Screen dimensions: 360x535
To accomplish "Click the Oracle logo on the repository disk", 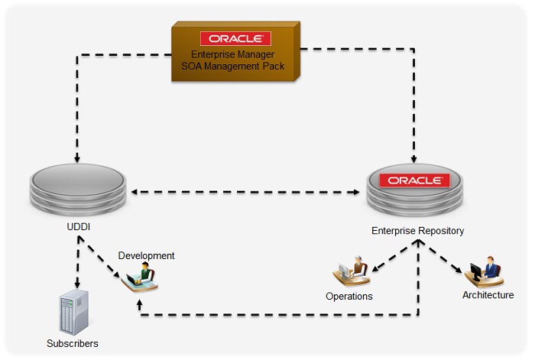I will tap(415, 181).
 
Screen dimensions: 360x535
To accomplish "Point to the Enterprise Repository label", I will tap(417, 230).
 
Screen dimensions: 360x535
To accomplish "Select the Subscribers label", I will tap(73, 344).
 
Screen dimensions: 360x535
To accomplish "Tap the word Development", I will tap(146, 255).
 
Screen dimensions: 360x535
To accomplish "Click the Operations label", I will tap(349, 296).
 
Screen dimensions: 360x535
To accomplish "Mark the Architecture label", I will tap(488, 294).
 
